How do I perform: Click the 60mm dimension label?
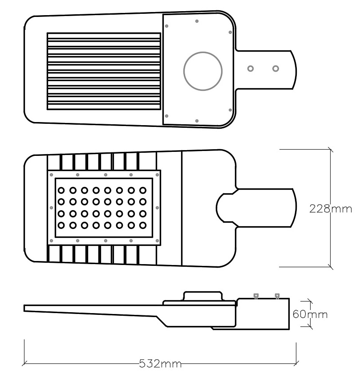tap(310, 314)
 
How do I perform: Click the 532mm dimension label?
tap(160, 364)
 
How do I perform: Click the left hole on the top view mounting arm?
tap(251, 69)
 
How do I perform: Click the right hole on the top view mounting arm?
tap(276, 69)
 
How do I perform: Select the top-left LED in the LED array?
tap(61, 190)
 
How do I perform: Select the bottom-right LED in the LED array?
tap(142, 225)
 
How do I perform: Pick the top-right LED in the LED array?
tap(142, 190)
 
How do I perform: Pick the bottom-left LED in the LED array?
tap(61, 225)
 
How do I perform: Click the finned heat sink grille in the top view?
tap(104, 71)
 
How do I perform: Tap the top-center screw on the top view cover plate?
tap(197, 21)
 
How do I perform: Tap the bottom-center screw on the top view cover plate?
tap(197, 120)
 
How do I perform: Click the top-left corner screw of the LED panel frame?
tap(51, 174)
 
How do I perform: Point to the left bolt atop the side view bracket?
tap(256, 295)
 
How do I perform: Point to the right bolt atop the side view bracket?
tap(277, 295)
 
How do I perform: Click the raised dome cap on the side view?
tap(203, 296)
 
